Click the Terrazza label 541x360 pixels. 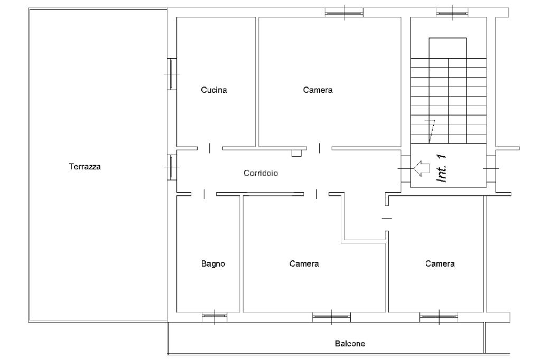click(x=85, y=167)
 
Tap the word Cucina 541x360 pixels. click(x=214, y=90)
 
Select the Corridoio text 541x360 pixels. click(x=261, y=173)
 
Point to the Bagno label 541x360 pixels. click(x=213, y=264)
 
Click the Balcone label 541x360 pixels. click(x=350, y=344)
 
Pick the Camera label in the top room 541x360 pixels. click(x=318, y=90)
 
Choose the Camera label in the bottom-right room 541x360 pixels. click(x=440, y=264)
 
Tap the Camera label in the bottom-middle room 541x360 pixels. click(x=304, y=264)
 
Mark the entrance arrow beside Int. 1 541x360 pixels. click(x=421, y=168)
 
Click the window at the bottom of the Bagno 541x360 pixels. click(x=214, y=317)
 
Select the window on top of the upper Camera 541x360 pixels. click(x=344, y=12)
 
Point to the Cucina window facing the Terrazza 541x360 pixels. click(x=172, y=73)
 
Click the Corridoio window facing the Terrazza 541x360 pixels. click(x=172, y=167)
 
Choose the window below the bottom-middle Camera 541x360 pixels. click(x=331, y=317)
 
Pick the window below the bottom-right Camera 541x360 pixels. click(x=439, y=317)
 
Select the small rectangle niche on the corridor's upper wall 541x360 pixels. click(x=296, y=153)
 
